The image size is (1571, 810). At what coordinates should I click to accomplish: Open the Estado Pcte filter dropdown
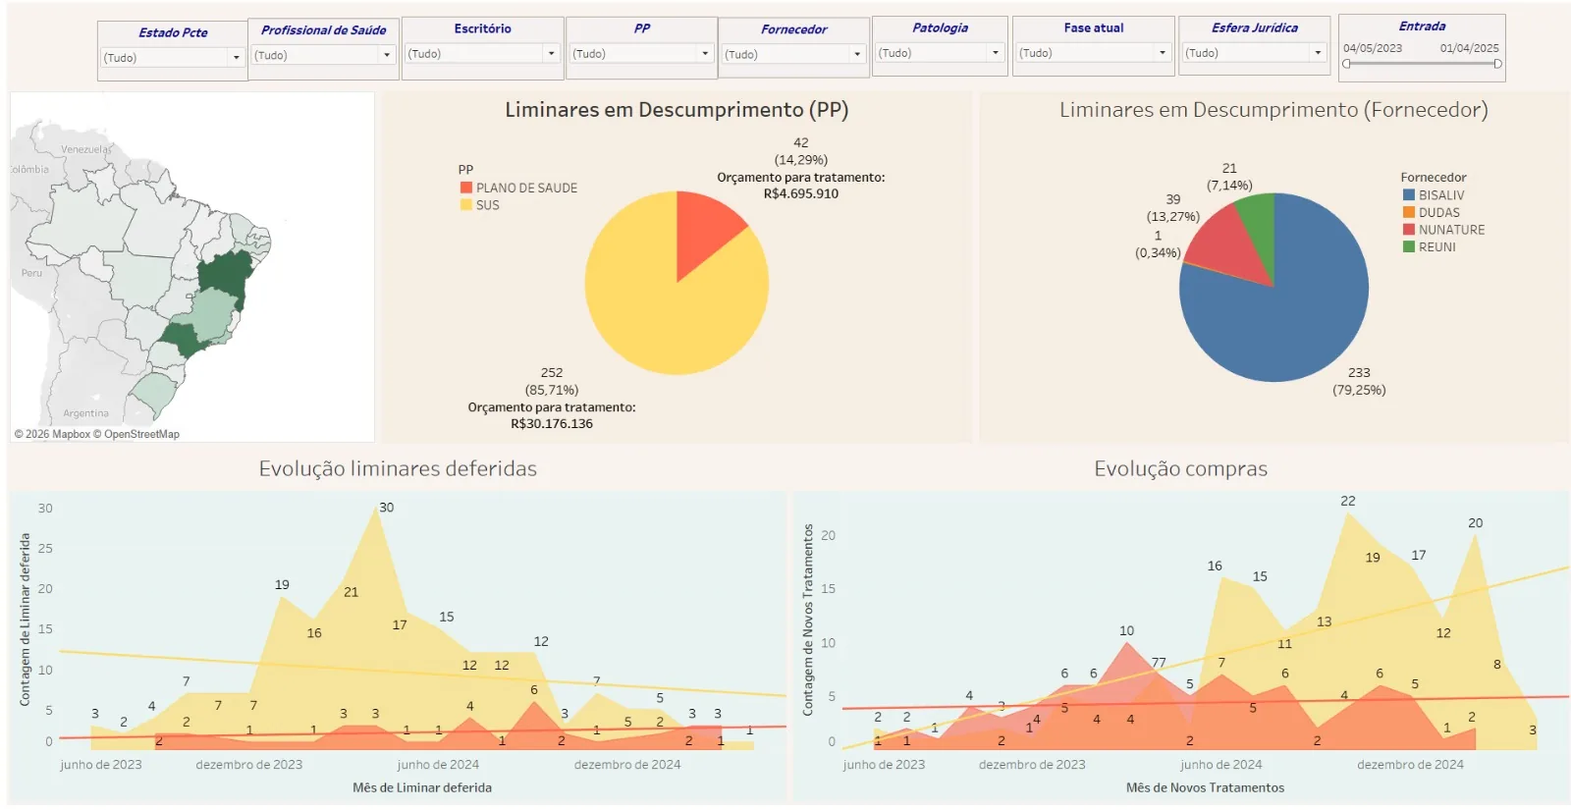tap(172, 58)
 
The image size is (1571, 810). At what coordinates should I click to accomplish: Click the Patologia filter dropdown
tap(939, 53)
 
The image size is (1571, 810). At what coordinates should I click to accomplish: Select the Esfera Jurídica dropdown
tap(1254, 53)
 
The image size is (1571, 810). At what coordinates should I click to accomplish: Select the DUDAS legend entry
tap(1432, 212)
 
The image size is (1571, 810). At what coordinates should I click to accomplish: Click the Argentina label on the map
tap(85, 413)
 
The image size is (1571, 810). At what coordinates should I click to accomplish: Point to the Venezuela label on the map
tap(85, 148)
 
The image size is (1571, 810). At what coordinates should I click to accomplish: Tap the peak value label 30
tap(387, 507)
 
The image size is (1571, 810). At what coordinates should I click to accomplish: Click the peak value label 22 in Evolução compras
tap(1348, 501)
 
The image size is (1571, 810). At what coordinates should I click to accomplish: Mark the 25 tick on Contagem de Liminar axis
tap(45, 548)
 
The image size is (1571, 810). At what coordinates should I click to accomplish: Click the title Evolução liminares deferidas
tap(398, 468)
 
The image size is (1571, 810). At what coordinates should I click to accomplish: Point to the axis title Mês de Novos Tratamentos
tap(1205, 787)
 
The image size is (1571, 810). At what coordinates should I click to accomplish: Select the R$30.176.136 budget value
tap(551, 423)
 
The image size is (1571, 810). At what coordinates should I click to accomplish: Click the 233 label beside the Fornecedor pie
tap(1359, 372)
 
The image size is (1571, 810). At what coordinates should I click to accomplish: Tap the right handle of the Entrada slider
tap(1497, 64)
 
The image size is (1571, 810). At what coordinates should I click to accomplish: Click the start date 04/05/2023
tap(1373, 48)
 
